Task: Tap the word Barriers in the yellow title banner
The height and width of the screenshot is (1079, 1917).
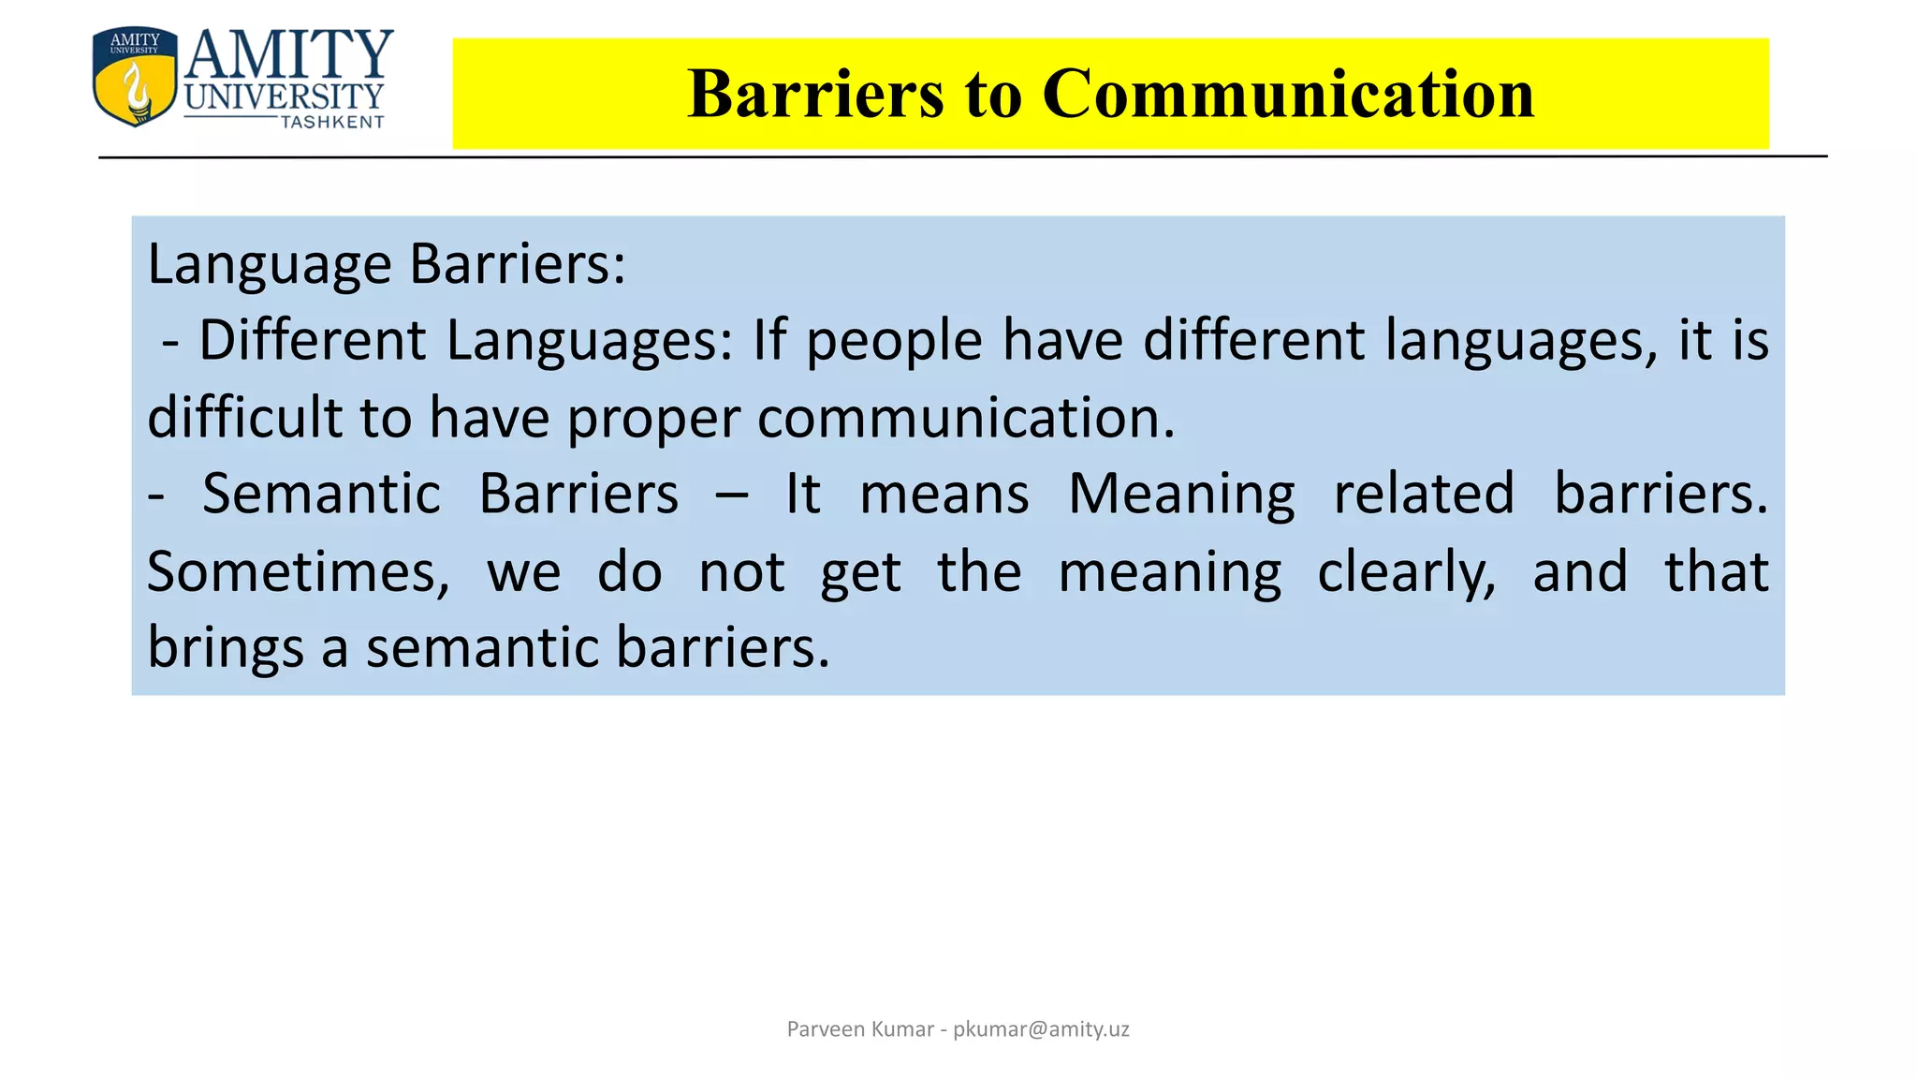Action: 815,94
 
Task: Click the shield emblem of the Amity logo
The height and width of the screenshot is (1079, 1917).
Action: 135,77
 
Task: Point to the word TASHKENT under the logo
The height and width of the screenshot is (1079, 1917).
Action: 332,122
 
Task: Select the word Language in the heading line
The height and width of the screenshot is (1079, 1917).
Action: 270,265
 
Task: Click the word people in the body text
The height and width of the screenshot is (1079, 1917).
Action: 894,340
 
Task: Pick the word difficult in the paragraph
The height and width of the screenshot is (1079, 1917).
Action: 245,417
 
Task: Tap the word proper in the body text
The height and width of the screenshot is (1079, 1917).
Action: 653,419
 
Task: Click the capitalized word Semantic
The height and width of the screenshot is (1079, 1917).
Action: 321,494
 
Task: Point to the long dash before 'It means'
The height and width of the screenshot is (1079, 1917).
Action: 732,495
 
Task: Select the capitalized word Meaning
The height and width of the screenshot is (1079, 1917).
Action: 1181,495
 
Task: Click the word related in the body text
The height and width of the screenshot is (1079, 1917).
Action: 1424,494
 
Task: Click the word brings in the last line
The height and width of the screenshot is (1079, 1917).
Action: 226,648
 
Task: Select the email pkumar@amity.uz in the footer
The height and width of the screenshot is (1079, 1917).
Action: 1041,1029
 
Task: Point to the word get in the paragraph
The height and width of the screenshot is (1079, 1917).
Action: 860,574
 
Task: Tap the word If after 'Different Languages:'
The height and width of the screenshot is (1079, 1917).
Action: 769,340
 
